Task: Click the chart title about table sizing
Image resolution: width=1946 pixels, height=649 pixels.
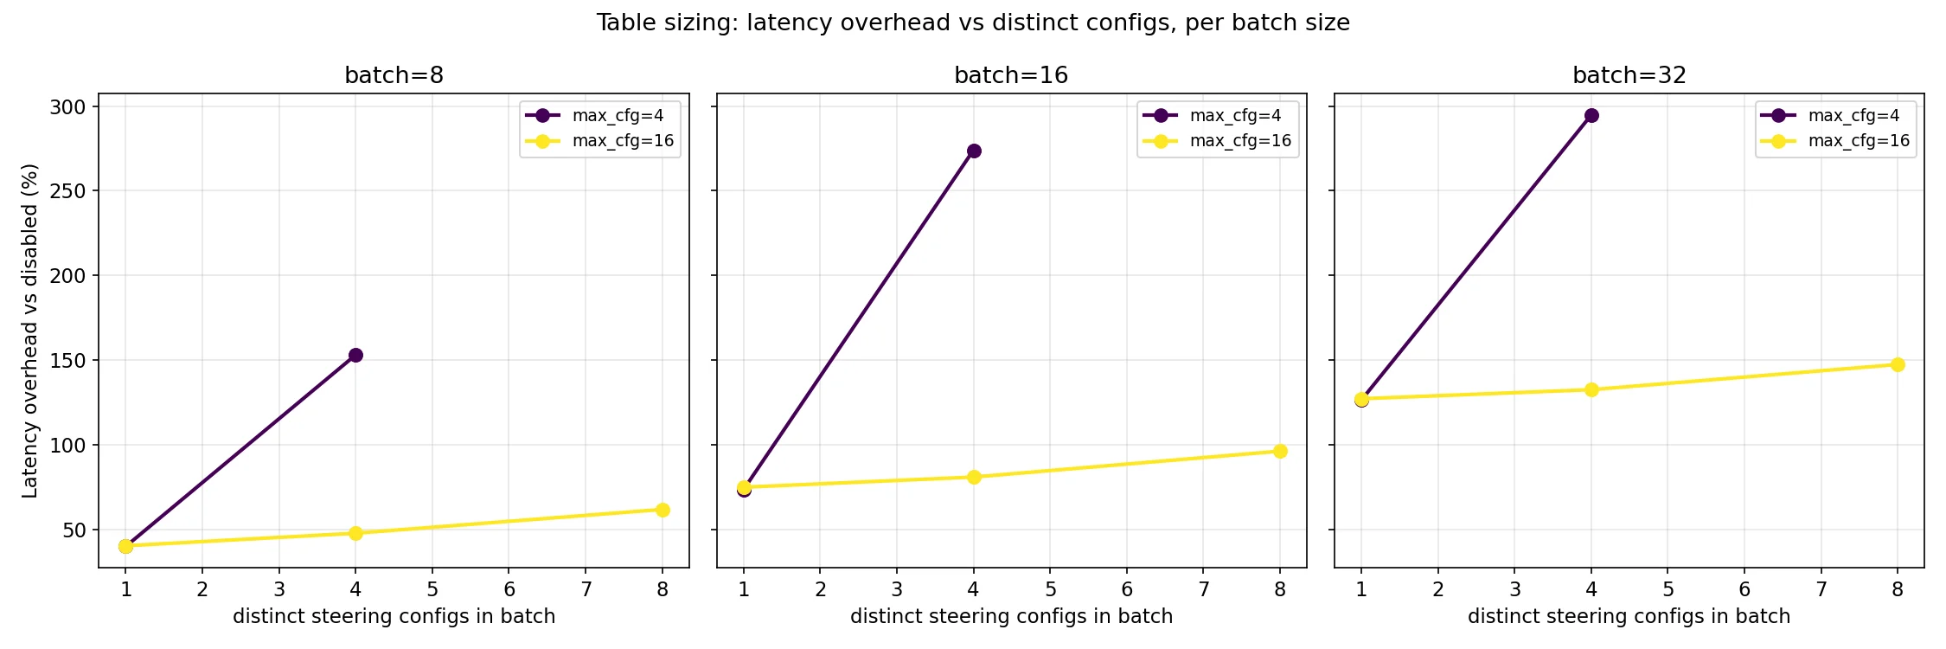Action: [972, 22]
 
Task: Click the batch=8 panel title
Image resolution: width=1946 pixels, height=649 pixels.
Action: [394, 75]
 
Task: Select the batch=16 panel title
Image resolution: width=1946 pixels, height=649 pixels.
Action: [1011, 75]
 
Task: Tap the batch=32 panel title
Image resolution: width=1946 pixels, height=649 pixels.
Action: [1629, 75]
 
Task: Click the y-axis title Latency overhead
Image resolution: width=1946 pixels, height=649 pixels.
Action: [30, 331]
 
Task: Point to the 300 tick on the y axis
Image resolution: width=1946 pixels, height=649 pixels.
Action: [67, 107]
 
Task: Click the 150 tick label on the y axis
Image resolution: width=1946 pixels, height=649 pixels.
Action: [67, 361]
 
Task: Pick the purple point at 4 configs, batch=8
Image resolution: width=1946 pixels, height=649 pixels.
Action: [355, 355]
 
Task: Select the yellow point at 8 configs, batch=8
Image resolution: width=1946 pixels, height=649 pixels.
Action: [663, 510]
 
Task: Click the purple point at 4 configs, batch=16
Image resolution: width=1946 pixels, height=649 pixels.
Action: [974, 151]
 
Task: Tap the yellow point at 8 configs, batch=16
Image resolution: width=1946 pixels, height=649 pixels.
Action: [1280, 451]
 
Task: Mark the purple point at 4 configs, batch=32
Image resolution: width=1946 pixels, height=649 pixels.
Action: [1591, 115]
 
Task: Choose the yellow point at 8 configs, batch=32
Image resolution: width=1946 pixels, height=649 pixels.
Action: [1898, 364]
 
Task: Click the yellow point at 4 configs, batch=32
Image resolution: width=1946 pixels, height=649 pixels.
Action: [1591, 389]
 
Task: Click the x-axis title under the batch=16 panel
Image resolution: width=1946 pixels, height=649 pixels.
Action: [1011, 616]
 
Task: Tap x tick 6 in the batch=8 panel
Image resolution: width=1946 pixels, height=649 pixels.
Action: [509, 589]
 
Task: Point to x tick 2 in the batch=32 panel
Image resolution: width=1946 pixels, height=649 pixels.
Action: [1438, 589]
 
